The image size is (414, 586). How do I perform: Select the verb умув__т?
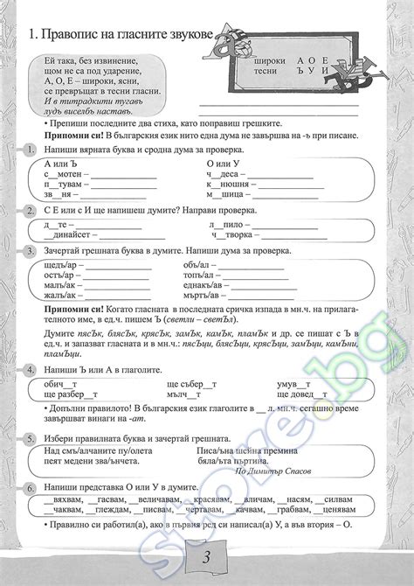pyautogui.click(x=293, y=383)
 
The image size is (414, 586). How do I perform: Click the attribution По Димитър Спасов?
pyautogui.click(x=276, y=471)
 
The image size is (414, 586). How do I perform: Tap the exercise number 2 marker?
pyautogui.click(x=31, y=212)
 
